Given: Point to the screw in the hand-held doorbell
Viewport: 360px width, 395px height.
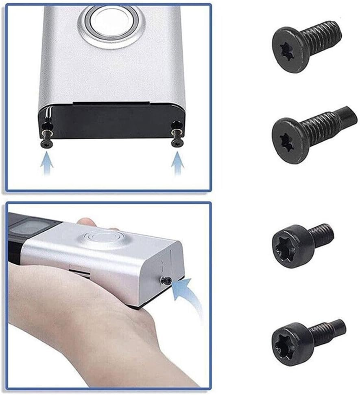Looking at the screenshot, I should tap(166, 280).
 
